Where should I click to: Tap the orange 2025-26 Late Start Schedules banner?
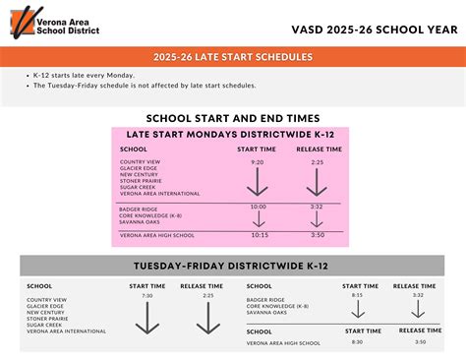[x=233, y=57]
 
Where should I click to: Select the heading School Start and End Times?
[x=233, y=115]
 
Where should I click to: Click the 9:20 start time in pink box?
[x=257, y=161]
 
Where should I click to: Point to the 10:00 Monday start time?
[x=258, y=208]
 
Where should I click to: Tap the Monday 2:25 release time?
[x=316, y=161]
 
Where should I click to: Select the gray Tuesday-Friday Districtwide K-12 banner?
[x=233, y=266]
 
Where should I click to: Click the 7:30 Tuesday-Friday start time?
[x=147, y=295]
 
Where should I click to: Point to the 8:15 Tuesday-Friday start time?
[x=357, y=294]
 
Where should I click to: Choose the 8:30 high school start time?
[x=357, y=341]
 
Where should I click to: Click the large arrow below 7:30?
[x=147, y=318]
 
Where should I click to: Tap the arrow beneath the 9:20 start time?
[x=257, y=181]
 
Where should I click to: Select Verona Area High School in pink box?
[x=156, y=235]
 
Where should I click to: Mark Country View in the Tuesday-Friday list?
[x=47, y=299]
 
